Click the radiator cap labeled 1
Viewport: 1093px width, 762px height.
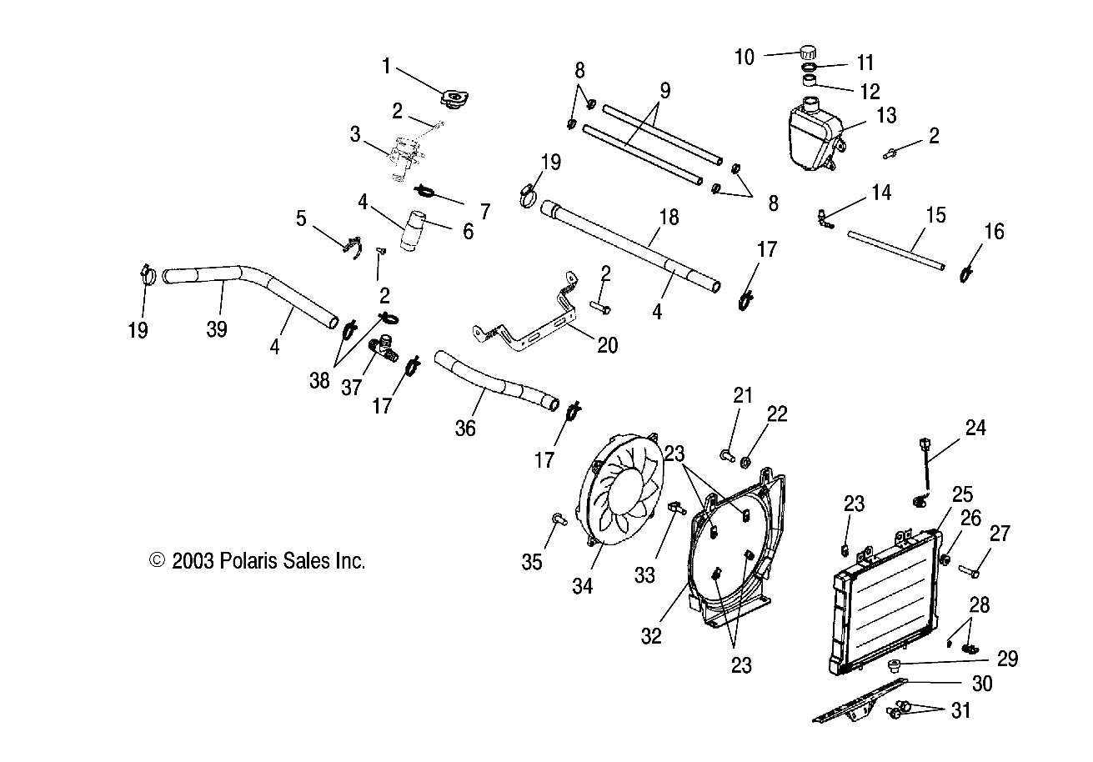click(453, 101)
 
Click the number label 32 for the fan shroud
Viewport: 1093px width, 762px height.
click(652, 635)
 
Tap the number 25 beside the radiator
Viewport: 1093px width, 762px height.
click(961, 494)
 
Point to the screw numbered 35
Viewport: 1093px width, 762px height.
click(559, 520)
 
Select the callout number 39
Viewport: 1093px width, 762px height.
click(216, 329)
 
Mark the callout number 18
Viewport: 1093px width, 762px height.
click(668, 219)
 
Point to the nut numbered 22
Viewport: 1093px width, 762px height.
click(748, 459)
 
